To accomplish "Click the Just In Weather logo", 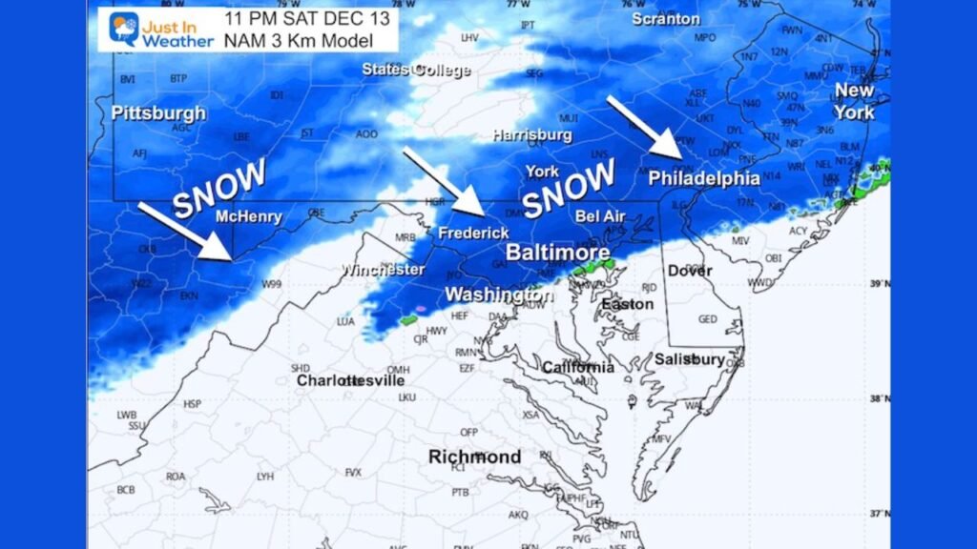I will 153,30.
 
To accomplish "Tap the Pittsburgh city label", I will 158,113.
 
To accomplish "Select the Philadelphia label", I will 704,178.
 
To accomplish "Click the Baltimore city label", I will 557,253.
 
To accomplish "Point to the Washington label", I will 499,295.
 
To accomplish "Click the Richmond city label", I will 474,457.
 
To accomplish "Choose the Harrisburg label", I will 532,135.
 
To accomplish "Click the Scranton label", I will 666,19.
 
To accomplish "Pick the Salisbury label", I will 690,359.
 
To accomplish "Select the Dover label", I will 690,271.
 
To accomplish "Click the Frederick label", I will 473,233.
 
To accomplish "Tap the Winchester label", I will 385,270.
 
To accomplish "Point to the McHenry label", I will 248,216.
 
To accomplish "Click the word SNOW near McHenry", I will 219,187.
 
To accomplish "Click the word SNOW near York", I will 569,188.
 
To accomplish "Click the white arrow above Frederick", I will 444,181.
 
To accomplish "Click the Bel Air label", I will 600,216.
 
